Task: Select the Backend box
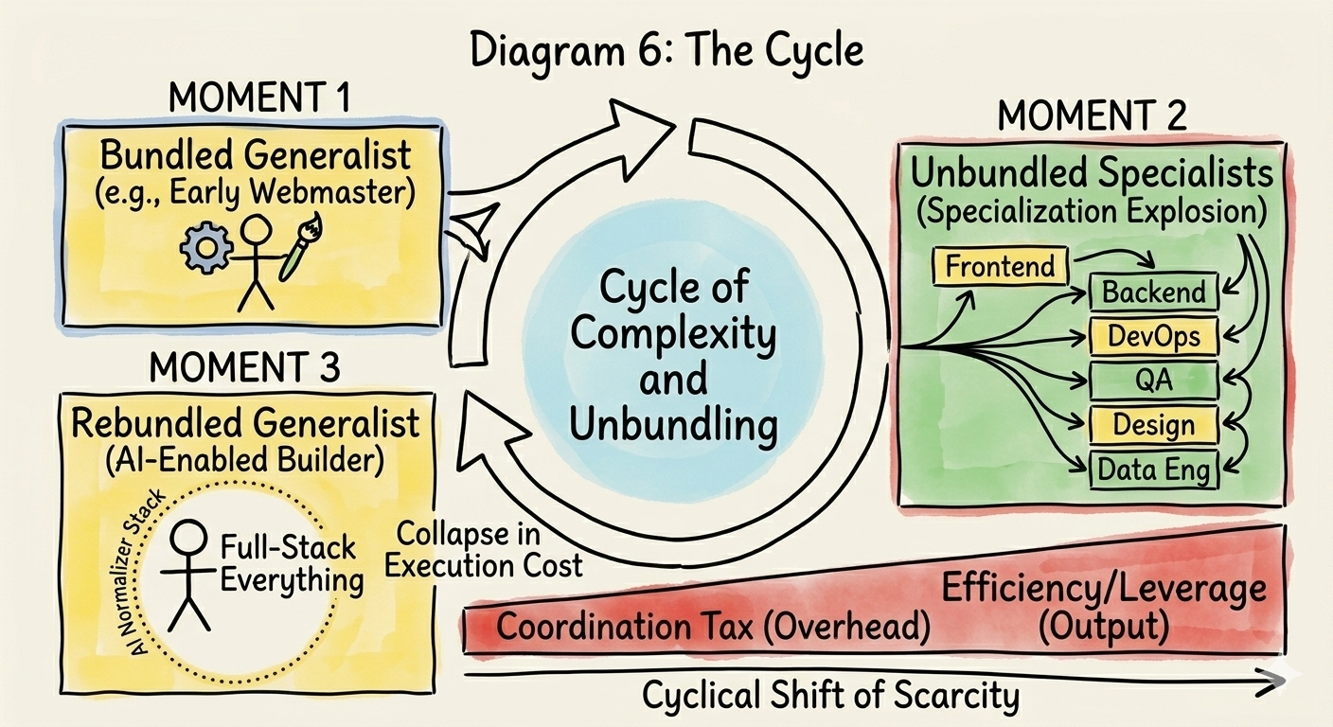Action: pyautogui.click(x=1154, y=292)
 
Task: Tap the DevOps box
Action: pyautogui.click(x=1154, y=336)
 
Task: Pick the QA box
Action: pyautogui.click(x=1154, y=381)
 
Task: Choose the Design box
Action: pyautogui.click(x=1154, y=425)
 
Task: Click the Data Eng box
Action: pyautogui.click(x=1154, y=469)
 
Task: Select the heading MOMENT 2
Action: pyautogui.click(x=1092, y=116)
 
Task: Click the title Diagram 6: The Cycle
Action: pyautogui.click(x=666, y=49)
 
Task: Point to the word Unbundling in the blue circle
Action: pyautogui.click(x=675, y=424)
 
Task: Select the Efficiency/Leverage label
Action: pyautogui.click(x=1103, y=590)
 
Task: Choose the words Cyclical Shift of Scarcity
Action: pyautogui.click(x=830, y=697)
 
